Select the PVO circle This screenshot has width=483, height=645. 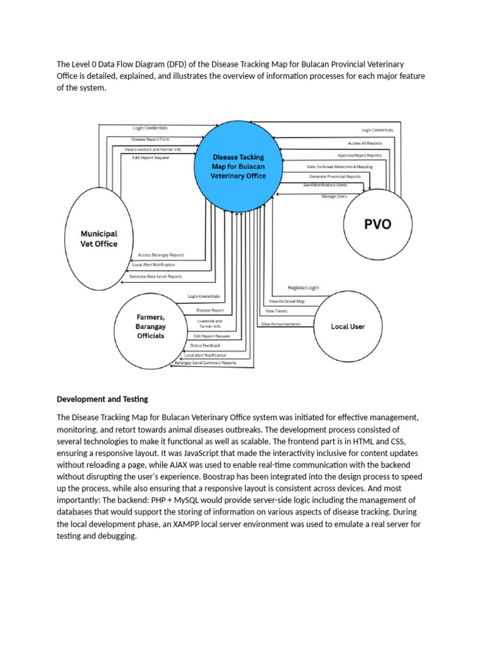[x=378, y=225]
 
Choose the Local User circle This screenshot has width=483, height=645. [x=348, y=326]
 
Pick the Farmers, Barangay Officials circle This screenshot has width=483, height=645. [x=150, y=326]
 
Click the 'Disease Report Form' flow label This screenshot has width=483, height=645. [x=150, y=139]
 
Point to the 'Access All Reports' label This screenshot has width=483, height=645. [x=364, y=143]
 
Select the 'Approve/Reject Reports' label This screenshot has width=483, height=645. [x=359, y=155]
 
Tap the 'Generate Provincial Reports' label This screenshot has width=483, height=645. [x=335, y=176]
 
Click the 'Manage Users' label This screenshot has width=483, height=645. [x=334, y=197]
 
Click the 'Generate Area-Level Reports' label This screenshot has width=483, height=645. [x=155, y=277]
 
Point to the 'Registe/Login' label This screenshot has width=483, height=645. [x=303, y=288]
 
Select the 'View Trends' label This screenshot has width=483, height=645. [x=277, y=311]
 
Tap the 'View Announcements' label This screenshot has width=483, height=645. [x=280, y=324]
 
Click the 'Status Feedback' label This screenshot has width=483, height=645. [x=206, y=346]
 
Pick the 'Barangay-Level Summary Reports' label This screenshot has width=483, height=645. [x=206, y=363]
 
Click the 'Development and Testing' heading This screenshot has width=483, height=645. [x=103, y=399]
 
